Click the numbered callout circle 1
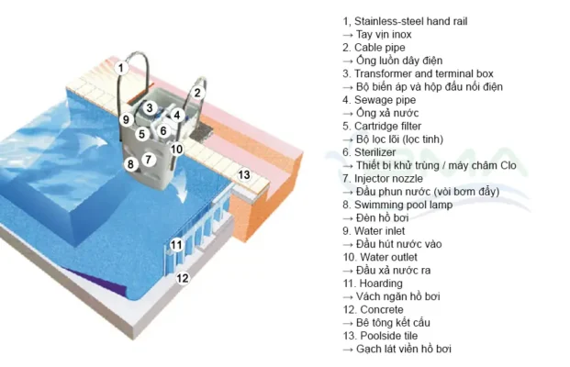tap(120, 67)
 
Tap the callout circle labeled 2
tap(196, 92)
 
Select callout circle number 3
tap(150, 107)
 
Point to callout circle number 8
tap(131, 164)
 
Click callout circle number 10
tap(176, 149)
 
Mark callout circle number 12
tap(183, 277)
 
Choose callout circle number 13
tap(244, 173)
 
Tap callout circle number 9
tap(126, 119)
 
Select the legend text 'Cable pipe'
tap(379, 47)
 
